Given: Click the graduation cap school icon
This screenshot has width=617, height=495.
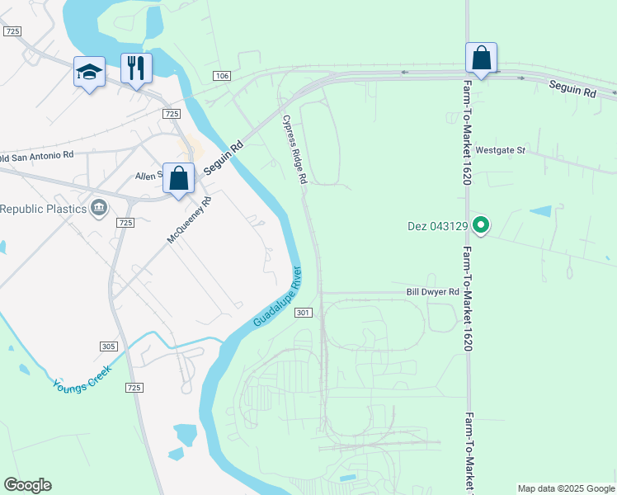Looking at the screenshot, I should (x=89, y=72).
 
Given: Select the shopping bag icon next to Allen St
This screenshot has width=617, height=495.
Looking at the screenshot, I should (x=179, y=177).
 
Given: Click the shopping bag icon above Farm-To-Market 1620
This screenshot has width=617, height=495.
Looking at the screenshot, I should (x=482, y=58).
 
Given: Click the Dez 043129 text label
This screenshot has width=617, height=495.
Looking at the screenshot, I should (x=437, y=225).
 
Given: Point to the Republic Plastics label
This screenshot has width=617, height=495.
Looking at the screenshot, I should (x=43, y=209).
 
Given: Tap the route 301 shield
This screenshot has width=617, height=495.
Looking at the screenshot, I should (x=303, y=313).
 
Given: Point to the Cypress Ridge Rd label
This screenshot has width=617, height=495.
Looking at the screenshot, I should (x=295, y=149).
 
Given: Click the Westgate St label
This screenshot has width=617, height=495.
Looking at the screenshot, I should (x=500, y=151).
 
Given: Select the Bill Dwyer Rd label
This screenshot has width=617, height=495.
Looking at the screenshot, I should (x=432, y=292).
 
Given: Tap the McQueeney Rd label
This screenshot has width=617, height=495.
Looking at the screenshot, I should (x=190, y=219).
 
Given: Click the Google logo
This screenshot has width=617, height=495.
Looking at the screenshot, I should (x=27, y=485).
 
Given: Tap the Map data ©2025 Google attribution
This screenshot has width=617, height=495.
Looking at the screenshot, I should (x=566, y=488).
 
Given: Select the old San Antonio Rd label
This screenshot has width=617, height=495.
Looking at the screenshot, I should (x=36, y=155).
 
